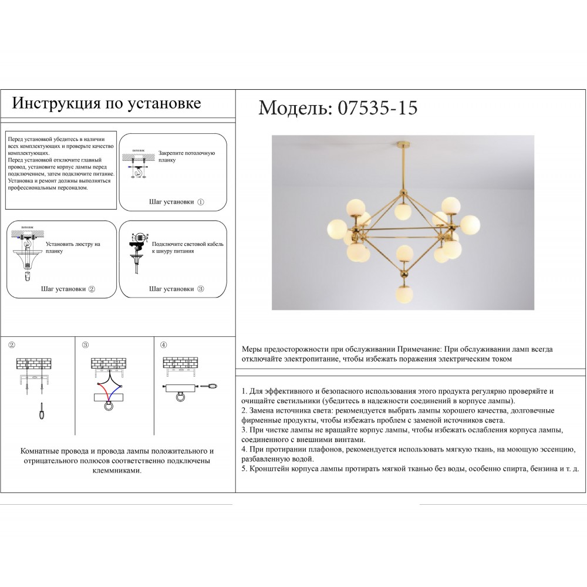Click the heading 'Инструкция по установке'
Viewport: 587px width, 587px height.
107,103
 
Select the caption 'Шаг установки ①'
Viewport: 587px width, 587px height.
176,202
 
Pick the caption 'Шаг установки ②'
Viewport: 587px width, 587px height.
68,289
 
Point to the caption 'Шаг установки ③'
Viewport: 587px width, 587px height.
176,289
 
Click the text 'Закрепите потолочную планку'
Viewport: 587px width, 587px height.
183,156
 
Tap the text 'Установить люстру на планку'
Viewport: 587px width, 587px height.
73,247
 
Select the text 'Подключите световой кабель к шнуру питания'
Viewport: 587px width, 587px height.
187,247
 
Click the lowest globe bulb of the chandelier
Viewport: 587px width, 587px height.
403,293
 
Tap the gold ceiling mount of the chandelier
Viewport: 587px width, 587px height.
403,144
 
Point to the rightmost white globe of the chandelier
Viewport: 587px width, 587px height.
470,224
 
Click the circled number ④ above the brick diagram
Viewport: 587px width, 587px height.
164,345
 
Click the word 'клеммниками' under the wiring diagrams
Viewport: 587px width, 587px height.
117,471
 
